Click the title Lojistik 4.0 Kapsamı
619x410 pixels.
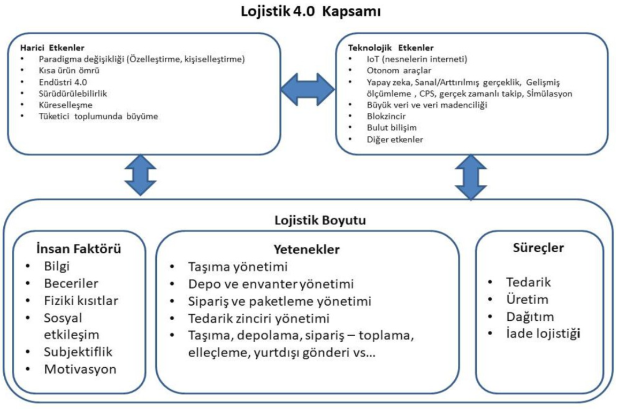point(311,12)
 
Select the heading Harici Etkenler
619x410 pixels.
point(52,47)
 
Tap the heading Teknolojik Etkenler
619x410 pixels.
point(391,47)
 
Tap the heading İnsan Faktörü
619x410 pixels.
point(78,249)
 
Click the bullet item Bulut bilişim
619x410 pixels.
point(392,128)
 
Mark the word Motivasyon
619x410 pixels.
point(80,369)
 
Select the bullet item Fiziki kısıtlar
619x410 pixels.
point(81,300)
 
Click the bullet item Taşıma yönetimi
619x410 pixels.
point(238,267)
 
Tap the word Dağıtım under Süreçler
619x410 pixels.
point(530,317)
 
